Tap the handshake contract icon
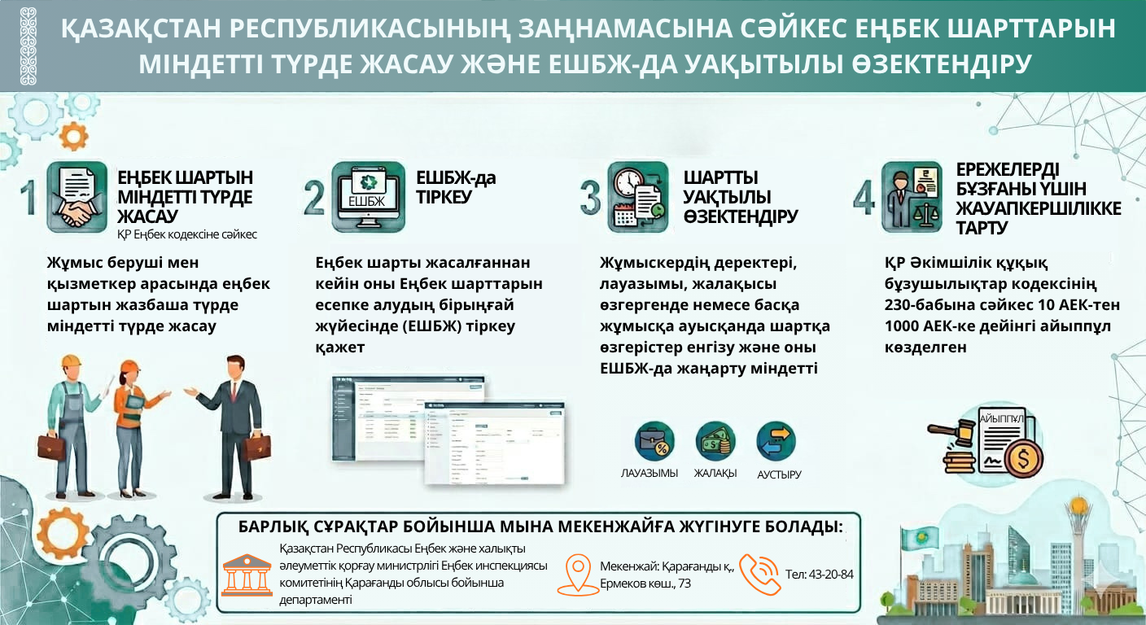point(77,197)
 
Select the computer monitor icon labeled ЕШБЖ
point(367,197)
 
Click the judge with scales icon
point(916,197)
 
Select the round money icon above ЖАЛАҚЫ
point(715,441)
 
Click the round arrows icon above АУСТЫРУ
point(776,441)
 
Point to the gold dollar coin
point(1024,460)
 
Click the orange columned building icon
point(247,574)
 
